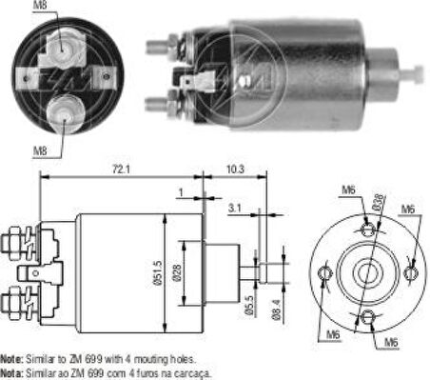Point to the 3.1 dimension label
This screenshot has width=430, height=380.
[x=235, y=206]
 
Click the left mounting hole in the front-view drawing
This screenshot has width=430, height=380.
[x=324, y=274]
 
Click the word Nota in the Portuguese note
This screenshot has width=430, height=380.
[x=10, y=373]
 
